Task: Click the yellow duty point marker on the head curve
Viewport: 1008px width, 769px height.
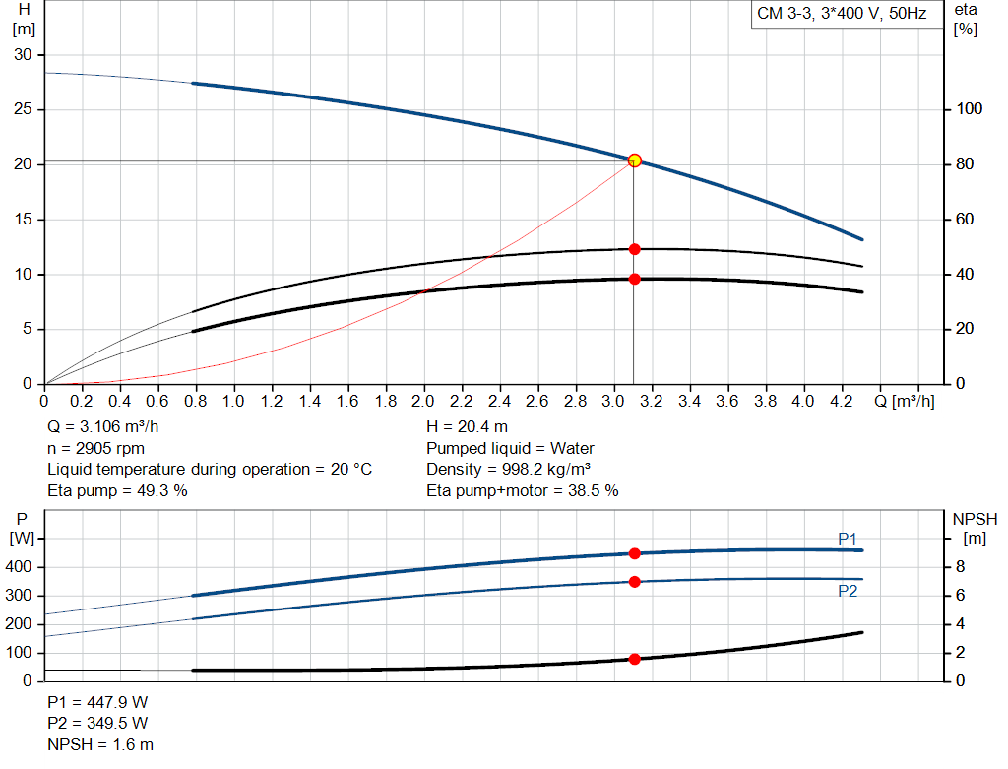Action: pos(634,160)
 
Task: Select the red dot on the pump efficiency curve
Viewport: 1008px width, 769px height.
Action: pos(634,249)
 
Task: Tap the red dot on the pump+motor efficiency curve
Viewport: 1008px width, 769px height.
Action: pos(634,279)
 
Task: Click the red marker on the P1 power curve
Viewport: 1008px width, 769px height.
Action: pos(634,553)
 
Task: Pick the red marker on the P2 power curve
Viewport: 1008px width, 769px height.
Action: pos(634,582)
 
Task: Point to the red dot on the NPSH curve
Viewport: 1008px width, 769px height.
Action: pos(634,659)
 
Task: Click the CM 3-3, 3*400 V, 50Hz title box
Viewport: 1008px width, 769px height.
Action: pos(841,15)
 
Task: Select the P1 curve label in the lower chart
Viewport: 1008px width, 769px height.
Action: pos(848,539)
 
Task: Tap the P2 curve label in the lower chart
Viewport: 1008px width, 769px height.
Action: pos(848,591)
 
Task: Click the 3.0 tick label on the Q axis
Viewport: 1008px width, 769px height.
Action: pos(613,402)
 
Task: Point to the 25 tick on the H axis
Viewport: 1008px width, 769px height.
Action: pos(22,109)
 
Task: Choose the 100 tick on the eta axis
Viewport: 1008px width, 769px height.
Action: pos(970,109)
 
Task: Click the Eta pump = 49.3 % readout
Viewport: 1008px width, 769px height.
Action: pos(117,490)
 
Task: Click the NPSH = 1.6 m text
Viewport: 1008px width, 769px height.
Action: pos(100,744)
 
